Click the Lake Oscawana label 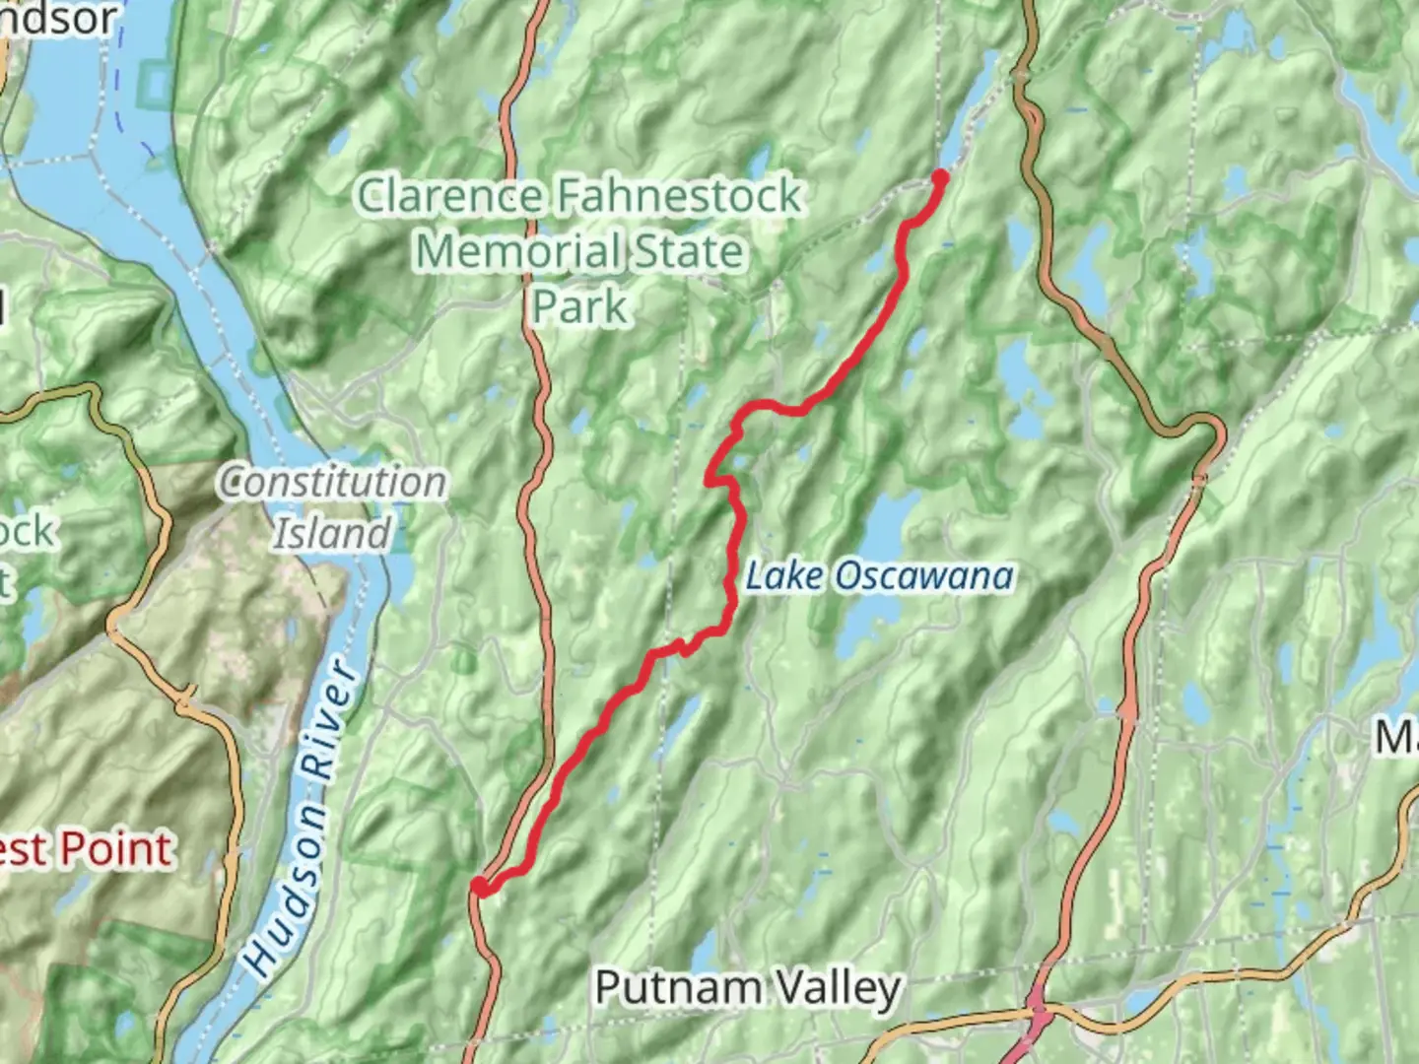(878, 576)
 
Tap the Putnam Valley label (748, 987)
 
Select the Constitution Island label (332, 507)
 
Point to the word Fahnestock (678, 195)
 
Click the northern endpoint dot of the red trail (939, 177)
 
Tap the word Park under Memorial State (579, 306)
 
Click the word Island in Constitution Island (332, 533)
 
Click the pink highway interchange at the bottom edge (1036, 1025)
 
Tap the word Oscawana (924, 576)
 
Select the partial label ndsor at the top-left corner (59, 18)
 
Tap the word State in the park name (689, 251)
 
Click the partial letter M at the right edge (1397, 737)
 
